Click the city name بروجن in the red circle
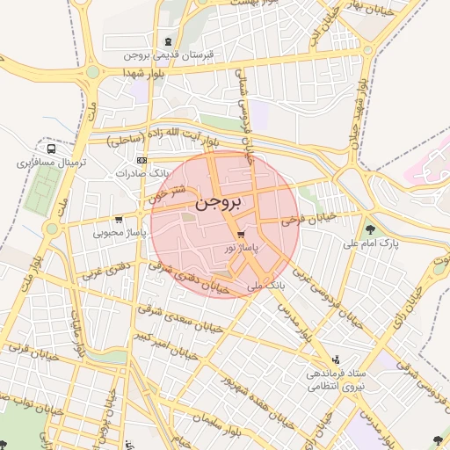[224, 201]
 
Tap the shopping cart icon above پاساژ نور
[241, 234]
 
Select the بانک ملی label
[268, 286]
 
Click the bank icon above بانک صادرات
[142, 160]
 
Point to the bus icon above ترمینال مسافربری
[51, 149]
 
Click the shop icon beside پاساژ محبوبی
[119, 219]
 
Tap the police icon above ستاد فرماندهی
[335, 359]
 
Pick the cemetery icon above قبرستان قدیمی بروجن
[168, 41]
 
